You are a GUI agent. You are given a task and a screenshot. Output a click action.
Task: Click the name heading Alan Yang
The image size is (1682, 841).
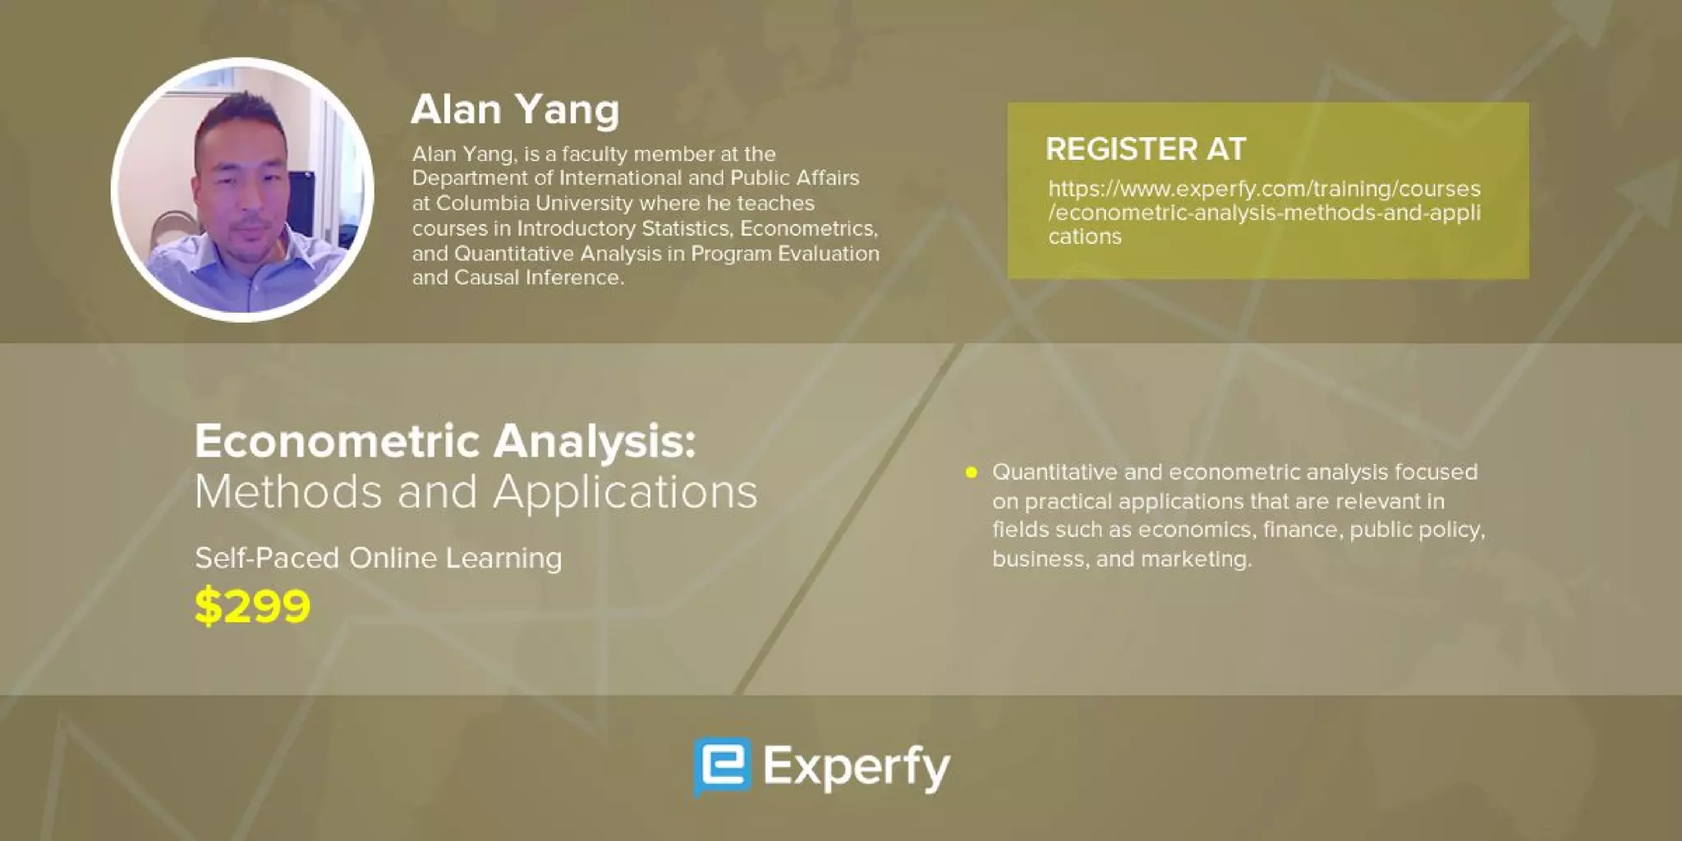(x=515, y=110)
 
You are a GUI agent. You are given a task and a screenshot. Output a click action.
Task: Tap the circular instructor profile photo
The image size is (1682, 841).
(x=242, y=190)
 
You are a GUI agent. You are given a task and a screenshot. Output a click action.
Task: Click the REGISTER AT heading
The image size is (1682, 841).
(x=1146, y=149)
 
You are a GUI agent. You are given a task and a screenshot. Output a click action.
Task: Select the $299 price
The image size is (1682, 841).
(x=252, y=606)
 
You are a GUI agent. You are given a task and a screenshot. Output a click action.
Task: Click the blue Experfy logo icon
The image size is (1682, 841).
(x=722, y=766)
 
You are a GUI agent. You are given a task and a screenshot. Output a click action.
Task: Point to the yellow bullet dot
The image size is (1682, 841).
(x=971, y=472)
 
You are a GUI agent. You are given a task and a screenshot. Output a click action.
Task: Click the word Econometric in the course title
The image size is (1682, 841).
(x=337, y=442)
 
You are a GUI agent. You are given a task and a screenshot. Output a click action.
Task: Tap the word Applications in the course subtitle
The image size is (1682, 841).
(x=624, y=493)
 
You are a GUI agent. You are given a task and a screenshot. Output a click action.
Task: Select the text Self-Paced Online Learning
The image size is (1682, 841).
(x=378, y=558)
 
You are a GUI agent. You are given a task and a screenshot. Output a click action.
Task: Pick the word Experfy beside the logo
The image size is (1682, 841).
(x=856, y=767)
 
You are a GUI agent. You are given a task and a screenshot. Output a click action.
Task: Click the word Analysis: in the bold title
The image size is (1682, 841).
(x=594, y=442)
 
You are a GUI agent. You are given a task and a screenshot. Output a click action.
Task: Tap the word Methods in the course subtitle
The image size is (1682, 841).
(x=289, y=493)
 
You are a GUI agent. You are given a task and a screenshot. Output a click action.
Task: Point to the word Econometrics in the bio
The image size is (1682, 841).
(x=808, y=228)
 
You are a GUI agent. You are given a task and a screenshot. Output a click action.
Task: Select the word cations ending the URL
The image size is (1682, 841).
(x=1084, y=237)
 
